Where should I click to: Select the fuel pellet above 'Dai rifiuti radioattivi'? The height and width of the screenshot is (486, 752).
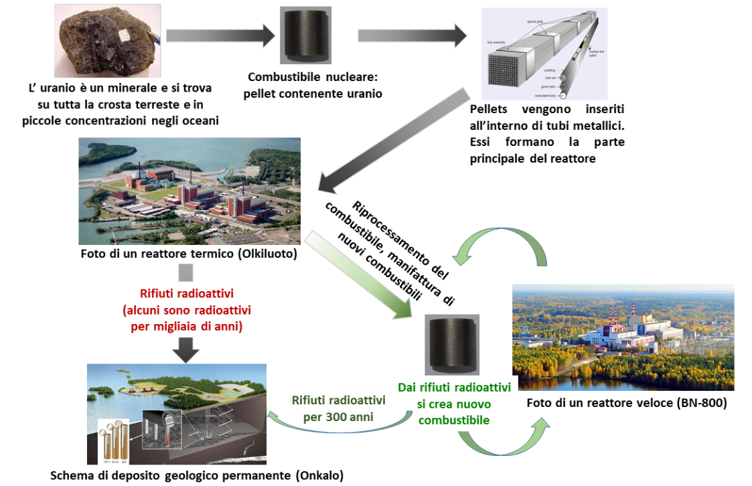[x=453, y=346]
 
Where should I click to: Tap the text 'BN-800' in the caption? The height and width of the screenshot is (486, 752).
[x=700, y=404]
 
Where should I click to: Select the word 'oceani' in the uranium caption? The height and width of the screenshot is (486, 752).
[x=202, y=120]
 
